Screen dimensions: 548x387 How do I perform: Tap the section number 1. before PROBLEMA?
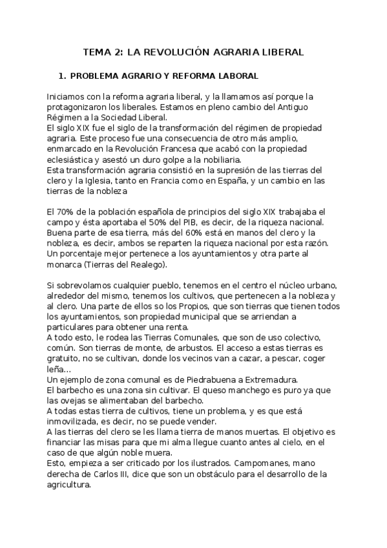pos(63,76)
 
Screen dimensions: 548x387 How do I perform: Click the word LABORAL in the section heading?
pos(235,76)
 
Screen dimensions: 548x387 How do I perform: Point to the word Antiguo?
pos(297,107)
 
